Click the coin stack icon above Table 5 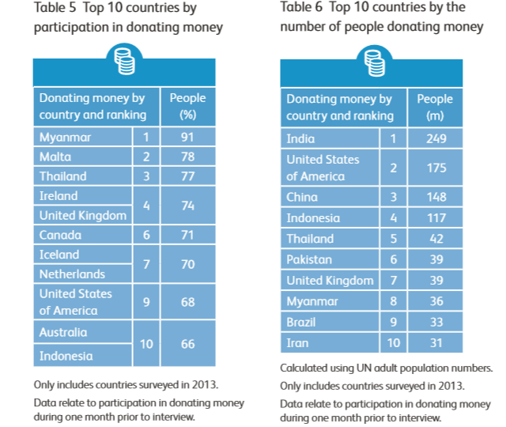[x=125, y=61]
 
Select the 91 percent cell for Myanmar [x=187, y=137]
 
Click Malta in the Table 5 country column [x=55, y=157]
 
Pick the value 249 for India [x=435, y=139]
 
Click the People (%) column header [x=187, y=106]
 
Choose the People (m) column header [x=435, y=108]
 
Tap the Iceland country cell [x=59, y=255]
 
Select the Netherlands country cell [x=72, y=274]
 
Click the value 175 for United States [x=435, y=168]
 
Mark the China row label [x=303, y=197]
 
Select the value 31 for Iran [x=435, y=342]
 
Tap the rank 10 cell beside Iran [x=393, y=342]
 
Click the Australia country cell [x=63, y=332]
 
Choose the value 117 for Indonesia [x=435, y=217]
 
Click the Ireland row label [x=59, y=195]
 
